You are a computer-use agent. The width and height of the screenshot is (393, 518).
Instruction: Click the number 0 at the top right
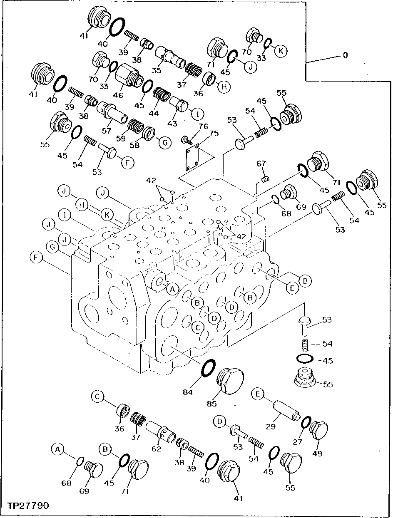click(x=345, y=55)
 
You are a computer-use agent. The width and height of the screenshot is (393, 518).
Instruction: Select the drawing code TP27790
click(x=28, y=506)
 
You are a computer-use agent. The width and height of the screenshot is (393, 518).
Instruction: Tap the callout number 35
click(x=157, y=70)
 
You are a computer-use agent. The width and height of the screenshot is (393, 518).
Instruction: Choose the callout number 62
click(x=157, y=449)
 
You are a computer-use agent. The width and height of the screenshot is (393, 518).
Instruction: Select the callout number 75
click(x=214, y=134)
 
